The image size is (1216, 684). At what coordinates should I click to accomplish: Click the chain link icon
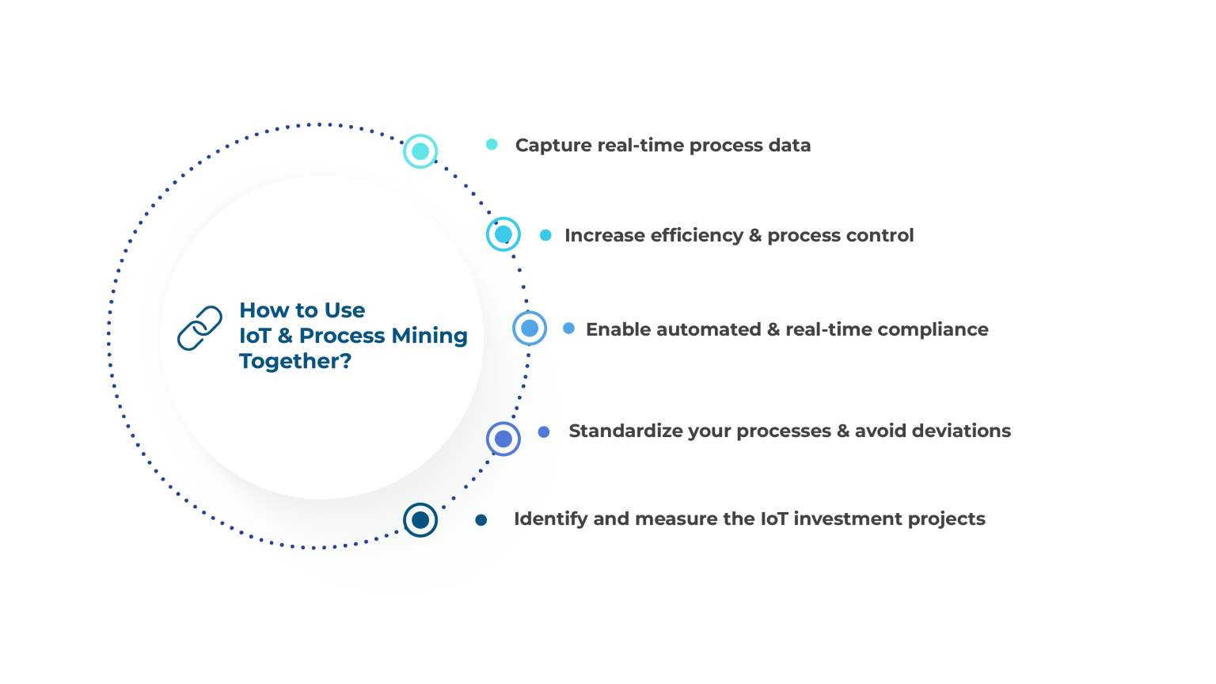click(x=199, y=328)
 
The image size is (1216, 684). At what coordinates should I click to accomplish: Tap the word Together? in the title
click(x=295, y=361)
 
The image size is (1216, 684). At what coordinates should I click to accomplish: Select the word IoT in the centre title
click(x=255, y=336)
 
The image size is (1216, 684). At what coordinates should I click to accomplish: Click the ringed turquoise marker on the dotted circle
click(x=420, y=151)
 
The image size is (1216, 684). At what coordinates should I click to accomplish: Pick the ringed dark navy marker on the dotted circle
click(x=420, y=520)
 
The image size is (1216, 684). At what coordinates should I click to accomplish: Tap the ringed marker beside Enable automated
click(x=530, y=328)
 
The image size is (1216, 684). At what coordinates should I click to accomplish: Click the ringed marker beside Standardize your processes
click(x=503, y=439)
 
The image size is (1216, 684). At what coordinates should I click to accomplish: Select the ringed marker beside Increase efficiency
click(x=503, y=234)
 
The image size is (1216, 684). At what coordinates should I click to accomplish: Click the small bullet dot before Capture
click(x=492, y=144)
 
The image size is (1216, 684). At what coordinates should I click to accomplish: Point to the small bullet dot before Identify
click(x=481, y=520)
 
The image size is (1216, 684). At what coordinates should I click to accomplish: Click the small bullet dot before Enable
click(x=568, y=328)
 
